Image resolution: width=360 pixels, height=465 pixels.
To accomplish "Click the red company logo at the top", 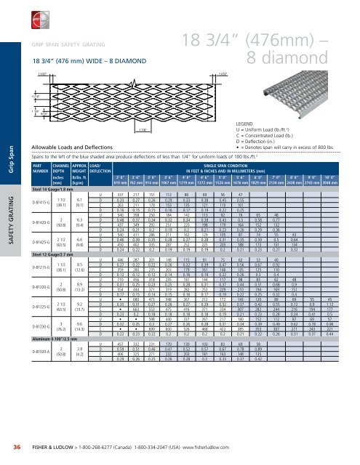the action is pyautogui.click(x=13, y=13).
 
